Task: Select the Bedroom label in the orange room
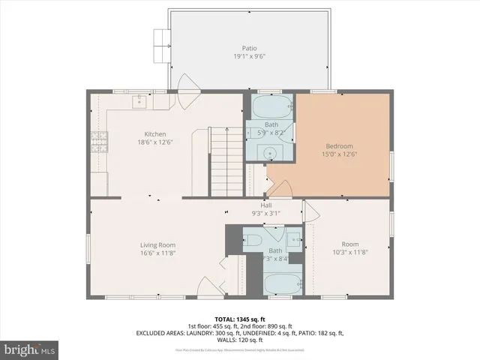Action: click(338, 145)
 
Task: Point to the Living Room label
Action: click(157, 244)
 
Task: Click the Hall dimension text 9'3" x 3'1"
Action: click(265, 213)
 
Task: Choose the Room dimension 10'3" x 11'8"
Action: click(349, 253)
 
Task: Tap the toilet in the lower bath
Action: click(254, 241)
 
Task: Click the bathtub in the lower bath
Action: click(283, 283)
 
